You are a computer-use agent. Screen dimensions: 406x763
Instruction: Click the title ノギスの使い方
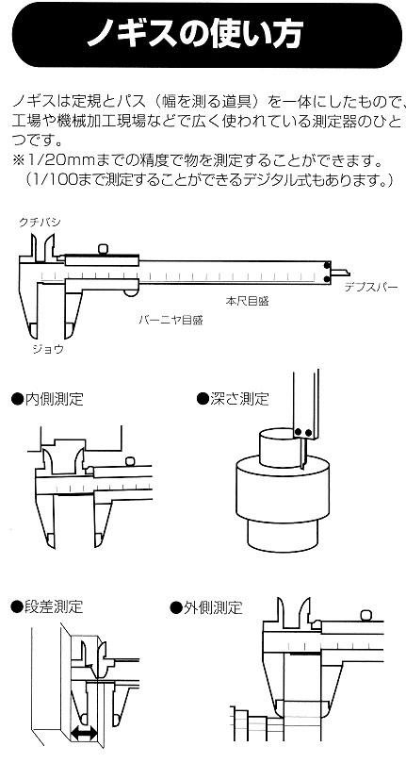pos(195,33)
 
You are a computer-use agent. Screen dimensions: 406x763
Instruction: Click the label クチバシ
pos(40,222)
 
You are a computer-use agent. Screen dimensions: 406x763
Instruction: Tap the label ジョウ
pos(48,348)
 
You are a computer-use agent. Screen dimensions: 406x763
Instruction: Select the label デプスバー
pos(371,287)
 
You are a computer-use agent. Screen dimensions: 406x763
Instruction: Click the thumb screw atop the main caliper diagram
pos(103,249)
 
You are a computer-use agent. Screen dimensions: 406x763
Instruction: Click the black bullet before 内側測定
pos(18,400)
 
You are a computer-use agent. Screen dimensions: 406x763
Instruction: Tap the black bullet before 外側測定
pos(176,607)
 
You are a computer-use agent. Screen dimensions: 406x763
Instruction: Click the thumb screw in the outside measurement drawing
pos(366,615)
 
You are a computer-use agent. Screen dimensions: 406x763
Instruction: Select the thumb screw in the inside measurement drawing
pos(129,461)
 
